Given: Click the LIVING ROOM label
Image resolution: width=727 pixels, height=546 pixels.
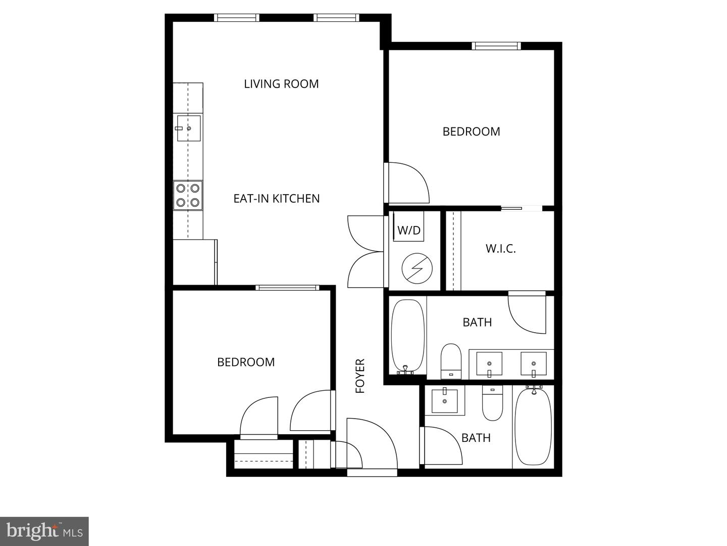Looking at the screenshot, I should click(281, 84).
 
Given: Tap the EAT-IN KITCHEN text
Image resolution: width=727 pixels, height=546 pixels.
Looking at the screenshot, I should click(276, 199).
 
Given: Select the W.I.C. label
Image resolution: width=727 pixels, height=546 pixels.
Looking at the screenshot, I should click(500, 249).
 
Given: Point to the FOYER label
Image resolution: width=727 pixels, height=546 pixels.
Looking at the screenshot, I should click(360, 376).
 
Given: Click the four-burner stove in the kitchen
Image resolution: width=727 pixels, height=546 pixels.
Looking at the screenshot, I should click(188, 195).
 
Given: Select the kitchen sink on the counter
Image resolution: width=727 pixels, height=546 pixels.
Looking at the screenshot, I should click(188, 128).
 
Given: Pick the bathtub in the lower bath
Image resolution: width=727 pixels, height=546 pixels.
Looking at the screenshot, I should click(533, 426).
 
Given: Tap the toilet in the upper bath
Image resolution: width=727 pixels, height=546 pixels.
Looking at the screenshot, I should click(451, 360).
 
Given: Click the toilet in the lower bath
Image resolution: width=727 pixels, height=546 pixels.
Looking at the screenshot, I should click(492, 403).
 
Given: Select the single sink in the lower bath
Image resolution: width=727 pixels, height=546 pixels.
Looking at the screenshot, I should click(445, 401).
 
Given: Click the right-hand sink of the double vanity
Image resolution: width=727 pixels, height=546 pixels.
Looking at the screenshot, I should click(533, 363).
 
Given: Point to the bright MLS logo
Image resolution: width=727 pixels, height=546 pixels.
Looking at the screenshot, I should click(44, 531).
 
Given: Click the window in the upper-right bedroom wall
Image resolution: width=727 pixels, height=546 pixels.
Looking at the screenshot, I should click(496, 46).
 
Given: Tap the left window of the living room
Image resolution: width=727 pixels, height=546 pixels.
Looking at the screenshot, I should click(237, 18).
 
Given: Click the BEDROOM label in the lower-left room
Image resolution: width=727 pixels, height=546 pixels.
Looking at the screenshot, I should click(246, 362).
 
